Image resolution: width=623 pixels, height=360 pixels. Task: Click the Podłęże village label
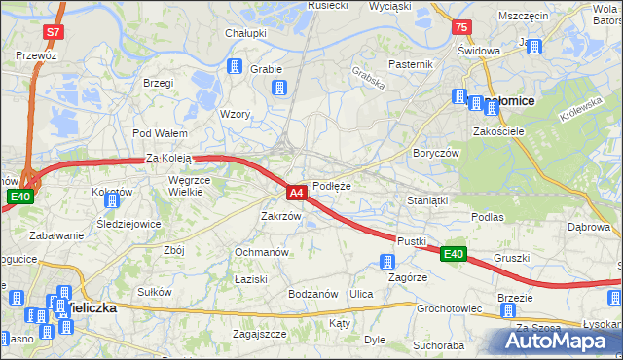pos(332,185)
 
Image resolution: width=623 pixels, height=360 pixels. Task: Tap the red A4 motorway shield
pos(298,193)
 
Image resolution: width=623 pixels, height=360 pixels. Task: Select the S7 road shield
pos(55,32)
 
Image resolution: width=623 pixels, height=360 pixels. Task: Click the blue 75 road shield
pos(461,27)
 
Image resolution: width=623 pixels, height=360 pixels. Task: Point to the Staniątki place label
pos(426,199)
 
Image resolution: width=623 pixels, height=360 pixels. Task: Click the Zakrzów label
pos(280,216)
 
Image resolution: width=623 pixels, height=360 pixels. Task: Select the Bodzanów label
pos(312,293)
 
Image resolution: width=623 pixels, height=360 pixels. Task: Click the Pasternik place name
pos(410,64)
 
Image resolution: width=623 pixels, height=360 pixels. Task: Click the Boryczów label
pos(434,153)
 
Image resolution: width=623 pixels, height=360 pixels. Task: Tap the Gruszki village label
pos(511,258)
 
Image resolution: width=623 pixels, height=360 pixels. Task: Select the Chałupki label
pos(246,33)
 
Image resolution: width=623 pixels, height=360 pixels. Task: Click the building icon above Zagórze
pos(387,261)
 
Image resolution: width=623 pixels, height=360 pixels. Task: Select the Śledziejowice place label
pos(128,223)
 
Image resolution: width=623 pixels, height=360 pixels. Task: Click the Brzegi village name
pos(157,83)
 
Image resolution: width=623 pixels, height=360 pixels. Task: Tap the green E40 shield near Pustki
pos(453,254)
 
